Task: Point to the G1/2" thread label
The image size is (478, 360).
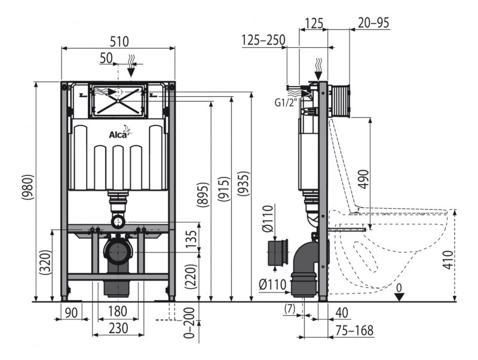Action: [285, 102]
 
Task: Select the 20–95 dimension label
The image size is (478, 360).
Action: [374, 23]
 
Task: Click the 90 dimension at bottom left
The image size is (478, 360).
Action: [71, 311]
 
